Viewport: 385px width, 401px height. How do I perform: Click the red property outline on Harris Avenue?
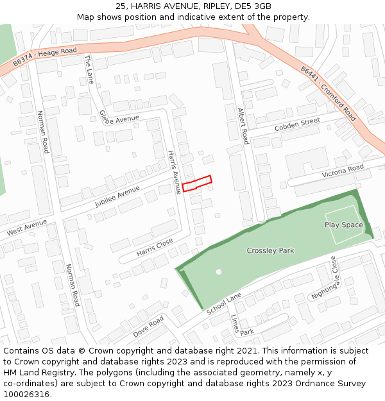tap(197, 183)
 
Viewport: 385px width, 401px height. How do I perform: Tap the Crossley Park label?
tap(270, 250)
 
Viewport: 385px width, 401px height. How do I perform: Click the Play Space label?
tap(343, 225)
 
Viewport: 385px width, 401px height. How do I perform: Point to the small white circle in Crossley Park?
tap(219, 272)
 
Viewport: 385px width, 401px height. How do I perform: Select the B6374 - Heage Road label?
tap(44, 56)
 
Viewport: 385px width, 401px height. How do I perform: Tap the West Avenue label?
tap(28, 227)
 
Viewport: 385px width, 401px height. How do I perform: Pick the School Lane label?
tap(224, 303)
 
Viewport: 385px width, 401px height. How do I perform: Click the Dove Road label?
tap(149, 327)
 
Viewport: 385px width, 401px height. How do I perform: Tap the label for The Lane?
tap(89, 69)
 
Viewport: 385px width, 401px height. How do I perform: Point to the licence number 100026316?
tap(26, 394)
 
